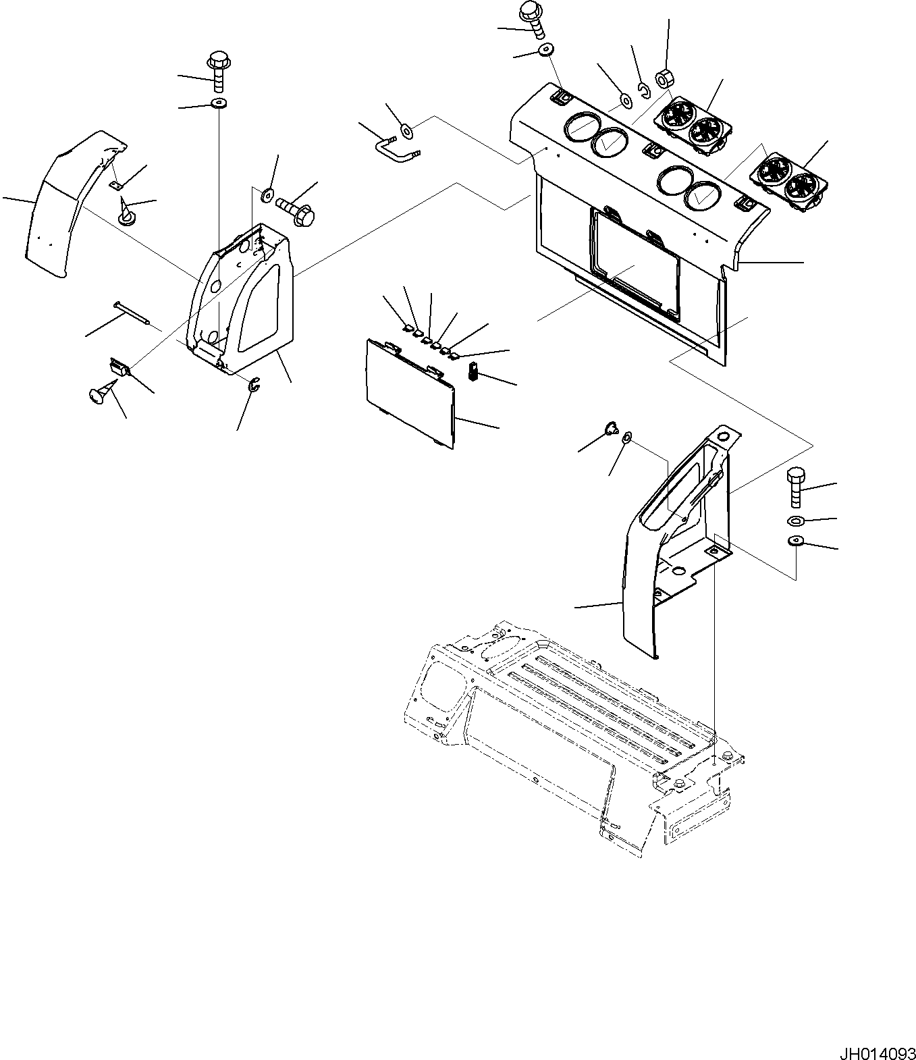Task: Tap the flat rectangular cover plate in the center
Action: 408,390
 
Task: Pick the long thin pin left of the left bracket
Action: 134,313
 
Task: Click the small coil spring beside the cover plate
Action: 473,371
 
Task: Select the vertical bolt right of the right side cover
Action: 794,487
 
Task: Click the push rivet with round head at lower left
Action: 100,393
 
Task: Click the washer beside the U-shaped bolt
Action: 406,130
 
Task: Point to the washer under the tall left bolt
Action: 218,103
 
